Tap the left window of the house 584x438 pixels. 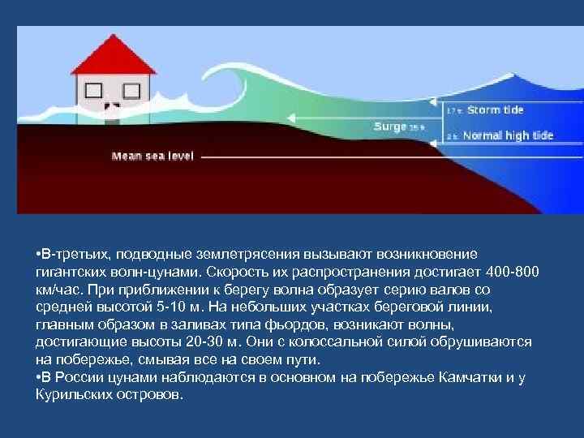click(94, 89)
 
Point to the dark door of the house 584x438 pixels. click(112, 107)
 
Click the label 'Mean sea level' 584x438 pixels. click(152, 155)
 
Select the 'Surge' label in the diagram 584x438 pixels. click(390, 126)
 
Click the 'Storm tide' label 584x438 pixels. click(496, 109)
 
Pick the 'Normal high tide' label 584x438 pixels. click(508, 135)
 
